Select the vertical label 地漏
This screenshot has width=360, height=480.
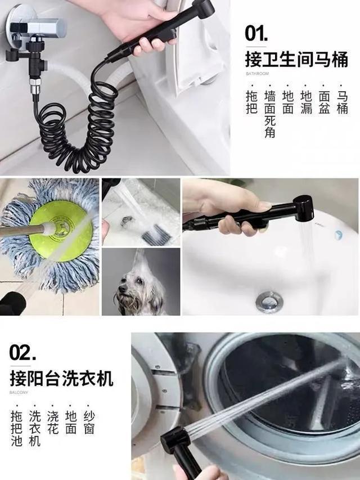[306, 102]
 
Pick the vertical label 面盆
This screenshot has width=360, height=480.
[324, 102]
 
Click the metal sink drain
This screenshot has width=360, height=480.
[269, 301]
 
